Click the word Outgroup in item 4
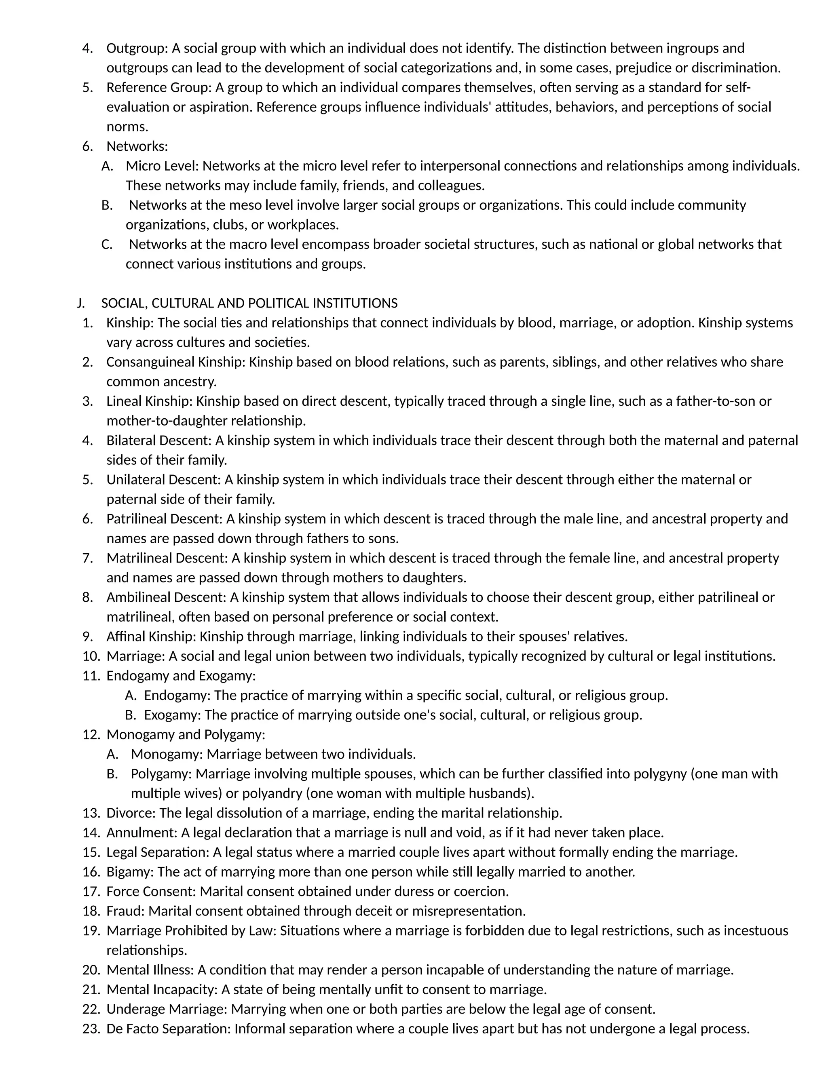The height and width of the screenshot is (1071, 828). [x=135, y=48]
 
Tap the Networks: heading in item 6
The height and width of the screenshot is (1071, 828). [x=137, y=147]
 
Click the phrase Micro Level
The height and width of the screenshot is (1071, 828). [x=161, y=166]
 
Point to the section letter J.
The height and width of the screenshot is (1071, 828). [x=80, y=304]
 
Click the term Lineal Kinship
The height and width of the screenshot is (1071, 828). [x=149, y=402]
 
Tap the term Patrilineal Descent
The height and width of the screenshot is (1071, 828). [x=163, y=519]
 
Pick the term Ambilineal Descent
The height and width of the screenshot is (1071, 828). [x=165, y=598]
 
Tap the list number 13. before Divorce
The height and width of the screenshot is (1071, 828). [x=91, y=814]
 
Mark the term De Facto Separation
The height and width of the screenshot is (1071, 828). [x=168, y=1029]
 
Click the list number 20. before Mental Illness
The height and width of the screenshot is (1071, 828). [x=91, y=970]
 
